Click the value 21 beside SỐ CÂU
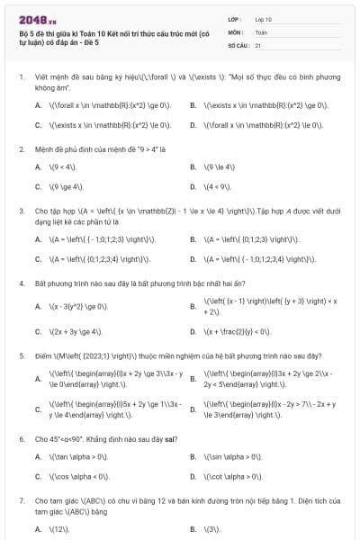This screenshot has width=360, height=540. click(258, 43)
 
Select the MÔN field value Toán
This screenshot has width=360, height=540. click(261, 31)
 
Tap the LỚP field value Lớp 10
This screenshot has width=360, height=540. click(264, 18)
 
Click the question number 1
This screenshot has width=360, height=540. click(21, 78)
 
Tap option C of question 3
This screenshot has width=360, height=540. click(99, 258)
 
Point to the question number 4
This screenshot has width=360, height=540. click(21, 283)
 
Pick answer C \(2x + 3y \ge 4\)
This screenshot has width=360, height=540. click(80, 330)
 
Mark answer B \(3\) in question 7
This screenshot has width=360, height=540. click(213, 528)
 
